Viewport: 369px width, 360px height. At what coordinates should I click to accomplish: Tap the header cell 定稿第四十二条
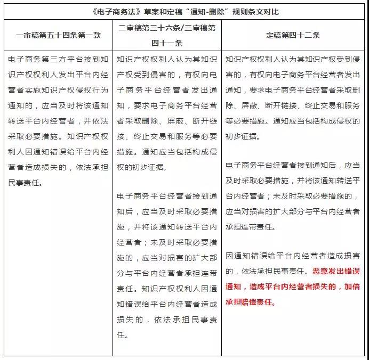[292, 36]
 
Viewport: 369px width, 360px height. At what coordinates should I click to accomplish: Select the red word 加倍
[351, 287]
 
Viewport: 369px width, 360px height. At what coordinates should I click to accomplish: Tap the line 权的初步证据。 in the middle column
[141, 167]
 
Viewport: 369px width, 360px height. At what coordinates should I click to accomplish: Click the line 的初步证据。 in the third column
[247, 136]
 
